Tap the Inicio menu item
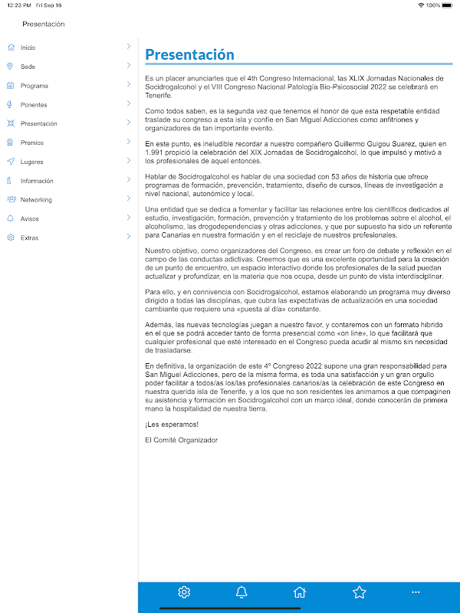coord(28,48)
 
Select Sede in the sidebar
coord(28,67)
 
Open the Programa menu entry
coord(34,86)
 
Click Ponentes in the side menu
coord(34,105)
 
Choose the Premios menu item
coord(31,143)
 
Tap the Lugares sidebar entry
coord(31,162)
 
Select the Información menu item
coord(37,181)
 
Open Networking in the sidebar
coord(36,200)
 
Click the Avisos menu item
coord(29,218)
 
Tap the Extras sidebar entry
coord(29,238)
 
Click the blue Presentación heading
coord(189,54)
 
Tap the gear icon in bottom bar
coord(184,592)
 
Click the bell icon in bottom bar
coord(242,592)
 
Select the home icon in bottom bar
coord(300,592)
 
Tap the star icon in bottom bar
coord(359,592)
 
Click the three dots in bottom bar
coord(416,592)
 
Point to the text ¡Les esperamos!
coord(172,425)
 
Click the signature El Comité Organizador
coord(181,440)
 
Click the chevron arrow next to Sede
coord(129,66)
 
